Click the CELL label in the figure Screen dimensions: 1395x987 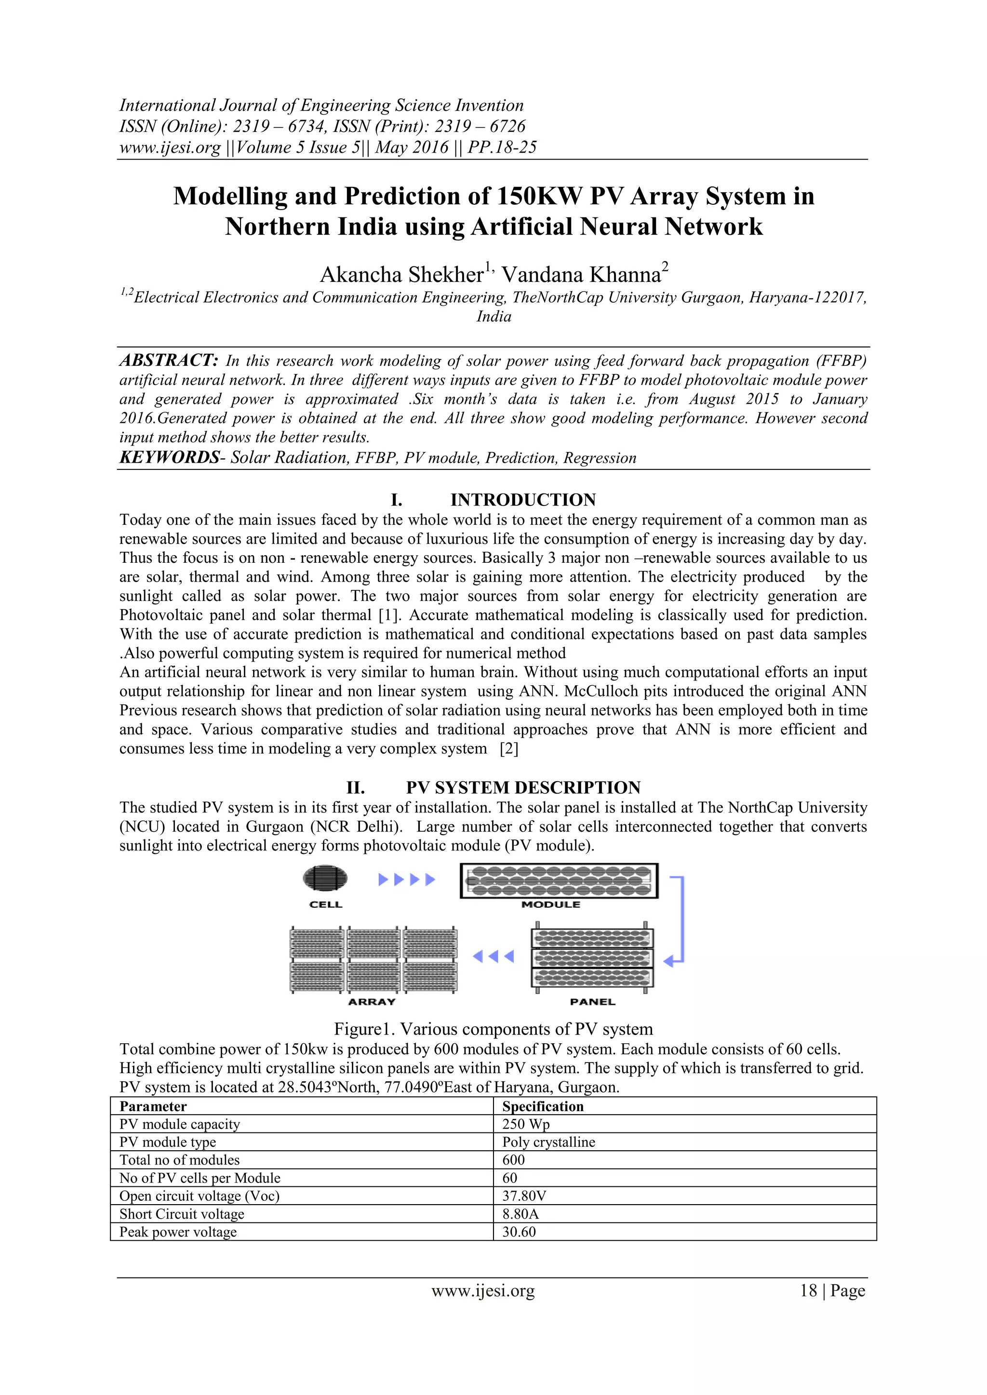326,904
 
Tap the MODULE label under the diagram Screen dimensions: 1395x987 551,904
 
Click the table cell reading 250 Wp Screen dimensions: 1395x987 526,1124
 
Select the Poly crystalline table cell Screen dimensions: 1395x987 548,1142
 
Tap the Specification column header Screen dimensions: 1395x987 543,1106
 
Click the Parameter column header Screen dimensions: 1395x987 153,1106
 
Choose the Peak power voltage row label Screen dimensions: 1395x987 178,1232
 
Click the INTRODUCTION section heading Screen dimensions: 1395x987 523,500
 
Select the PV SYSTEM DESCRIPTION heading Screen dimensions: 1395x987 523,787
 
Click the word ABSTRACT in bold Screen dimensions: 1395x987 168,360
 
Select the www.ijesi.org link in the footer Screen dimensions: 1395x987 483,1290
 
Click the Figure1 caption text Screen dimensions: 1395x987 493,1029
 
